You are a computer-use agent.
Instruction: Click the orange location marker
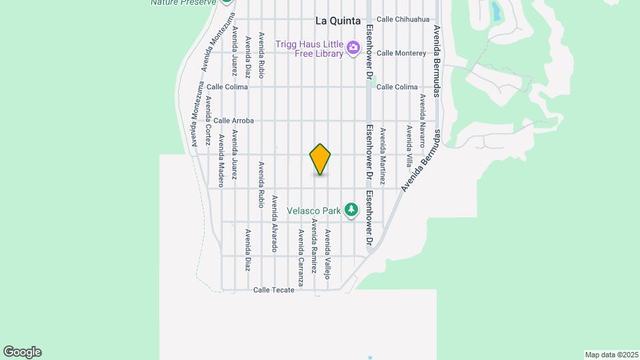tap(320, 159)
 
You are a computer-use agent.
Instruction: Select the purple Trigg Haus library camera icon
tap(353, 47)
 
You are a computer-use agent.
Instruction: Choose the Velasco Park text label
tap(314, 211)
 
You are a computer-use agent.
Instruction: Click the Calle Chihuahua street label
tap(403, 19)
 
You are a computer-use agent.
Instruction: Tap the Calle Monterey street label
tap(401, 53)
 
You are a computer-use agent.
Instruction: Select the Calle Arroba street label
tap(233, 121)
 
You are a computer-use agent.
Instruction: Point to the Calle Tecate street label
tap(273, 290)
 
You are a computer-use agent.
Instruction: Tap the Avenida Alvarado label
tap(273, 223)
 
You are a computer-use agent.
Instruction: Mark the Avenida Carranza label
tap(301, 258)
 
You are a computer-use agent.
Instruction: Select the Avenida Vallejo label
tap(327, 253)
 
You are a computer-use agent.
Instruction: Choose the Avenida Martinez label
tap(383, 156)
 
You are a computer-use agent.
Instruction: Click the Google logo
tap(22, 352)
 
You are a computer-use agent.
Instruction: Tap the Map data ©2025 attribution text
tap(611, 355)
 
